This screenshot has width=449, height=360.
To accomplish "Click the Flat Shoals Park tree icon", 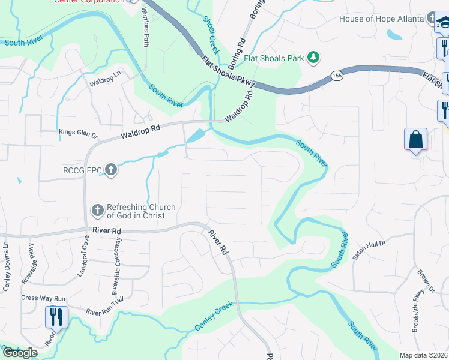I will (x=312, y=58).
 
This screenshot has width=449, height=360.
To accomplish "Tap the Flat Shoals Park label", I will (x=274, y=59).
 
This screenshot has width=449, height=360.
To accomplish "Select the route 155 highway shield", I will (x=336, y=76).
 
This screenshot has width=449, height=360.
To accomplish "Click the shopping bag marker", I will (x=415, y=139).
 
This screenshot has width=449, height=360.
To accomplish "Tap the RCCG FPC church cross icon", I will (x=110, y=171).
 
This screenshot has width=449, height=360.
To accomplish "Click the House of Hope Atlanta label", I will (x=381, y=19).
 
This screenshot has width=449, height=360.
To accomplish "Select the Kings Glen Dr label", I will (x=79, y=131).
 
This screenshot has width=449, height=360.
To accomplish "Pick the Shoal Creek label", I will (x=211, y=35).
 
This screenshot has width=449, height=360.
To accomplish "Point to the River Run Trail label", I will (x=109, y=311).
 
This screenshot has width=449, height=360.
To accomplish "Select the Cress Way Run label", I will (x=43, y=298).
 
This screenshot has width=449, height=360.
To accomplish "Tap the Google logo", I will (x=19, y=352).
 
